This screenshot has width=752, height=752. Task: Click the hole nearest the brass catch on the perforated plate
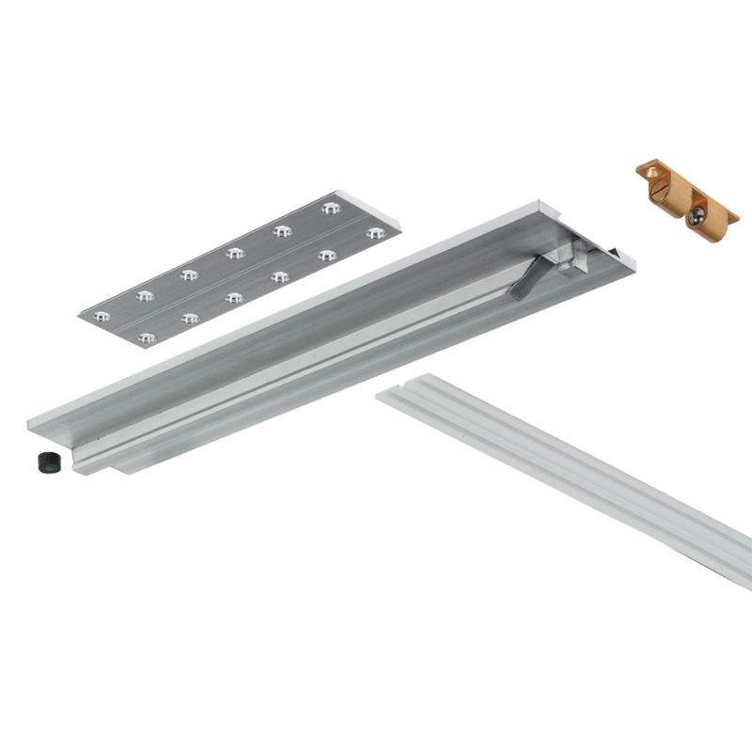click(330, 206)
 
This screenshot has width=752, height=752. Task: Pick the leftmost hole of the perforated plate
click(102, 314)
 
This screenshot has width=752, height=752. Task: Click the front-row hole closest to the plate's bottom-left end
click(145, 337)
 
